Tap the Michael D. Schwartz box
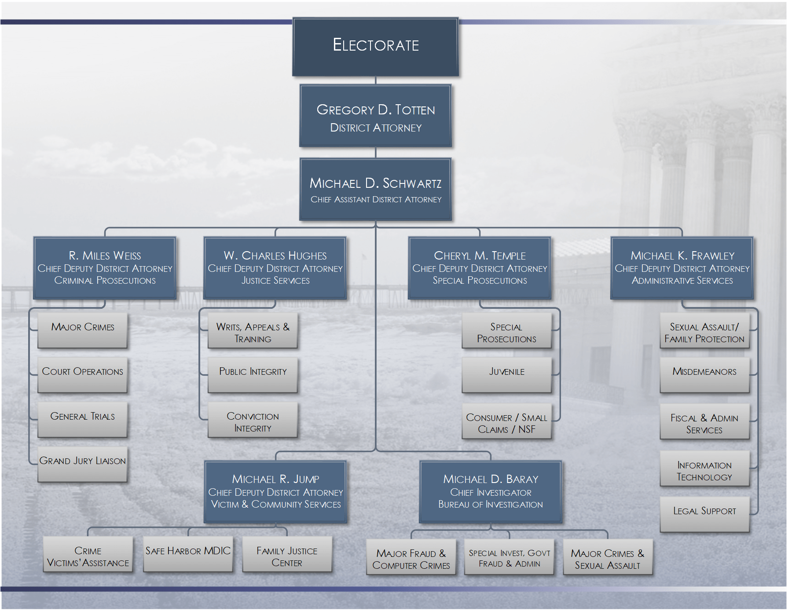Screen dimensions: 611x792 [375, 189]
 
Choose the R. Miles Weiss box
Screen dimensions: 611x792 [105, 268]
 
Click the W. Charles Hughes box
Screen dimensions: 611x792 [275, 268]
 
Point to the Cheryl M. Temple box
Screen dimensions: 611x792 [480, 268]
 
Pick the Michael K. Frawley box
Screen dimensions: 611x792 [682, 268]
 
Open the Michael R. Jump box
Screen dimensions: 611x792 [275, 491]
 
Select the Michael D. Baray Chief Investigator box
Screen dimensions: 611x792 [491, 491]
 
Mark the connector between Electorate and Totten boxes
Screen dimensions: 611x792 [375, 80]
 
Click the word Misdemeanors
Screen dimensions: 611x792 [704, 372]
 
